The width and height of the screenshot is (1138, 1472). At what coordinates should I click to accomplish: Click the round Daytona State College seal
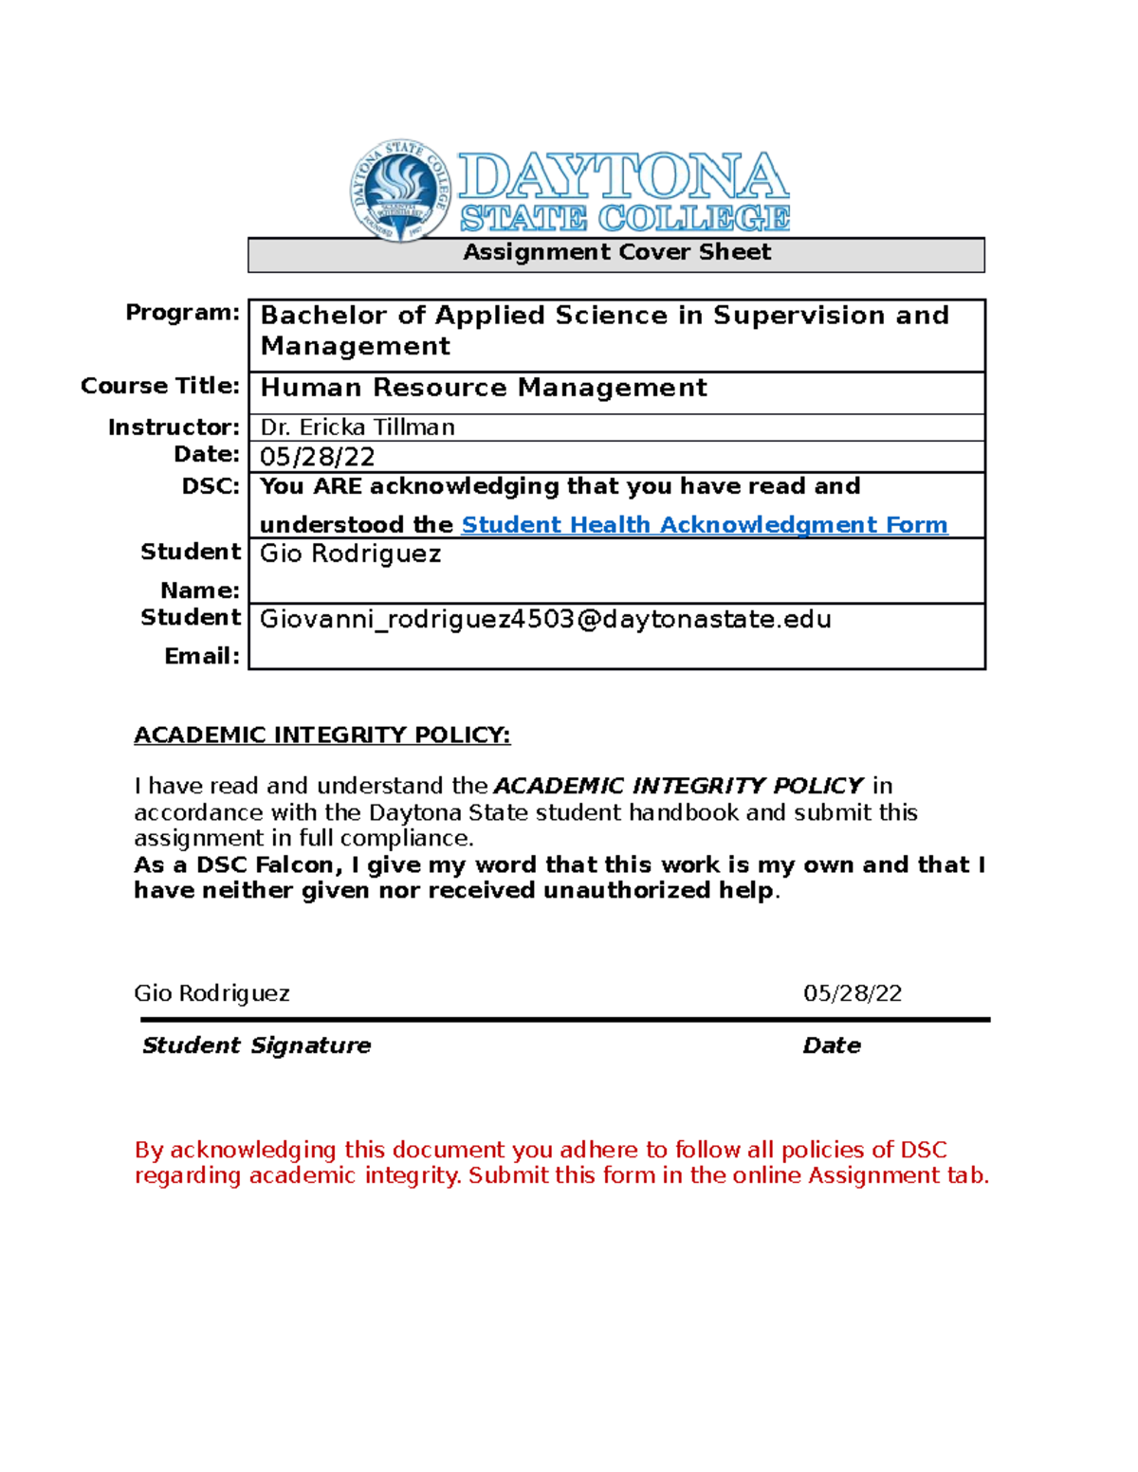(400, 190)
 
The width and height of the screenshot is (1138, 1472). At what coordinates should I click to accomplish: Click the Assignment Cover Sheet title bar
(616, 253)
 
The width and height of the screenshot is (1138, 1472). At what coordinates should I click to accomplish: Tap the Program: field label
(182, 313)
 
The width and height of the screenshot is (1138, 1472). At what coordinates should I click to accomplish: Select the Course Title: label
(159, 386)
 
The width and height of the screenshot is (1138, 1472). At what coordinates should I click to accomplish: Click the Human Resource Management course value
(484, 388)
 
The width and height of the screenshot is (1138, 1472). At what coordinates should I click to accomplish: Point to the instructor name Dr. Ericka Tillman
(358, 427)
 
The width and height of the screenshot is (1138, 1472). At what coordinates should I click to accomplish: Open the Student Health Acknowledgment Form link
(704, 525)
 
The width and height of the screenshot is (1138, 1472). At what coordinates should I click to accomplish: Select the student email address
(545, 619)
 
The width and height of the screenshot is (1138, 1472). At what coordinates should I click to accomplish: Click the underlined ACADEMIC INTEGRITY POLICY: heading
(321, 736)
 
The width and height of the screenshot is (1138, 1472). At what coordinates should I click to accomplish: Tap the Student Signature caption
(256, 1045)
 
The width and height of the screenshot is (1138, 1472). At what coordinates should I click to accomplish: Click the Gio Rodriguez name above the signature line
(211, 993)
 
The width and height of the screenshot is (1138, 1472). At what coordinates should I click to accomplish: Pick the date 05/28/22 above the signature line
(852, 993)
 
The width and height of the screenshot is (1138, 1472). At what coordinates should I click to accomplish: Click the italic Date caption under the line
(832, 1045)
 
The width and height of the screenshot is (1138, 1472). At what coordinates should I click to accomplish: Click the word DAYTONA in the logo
(623, 177)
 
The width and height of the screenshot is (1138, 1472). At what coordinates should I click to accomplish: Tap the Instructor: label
(174, 427)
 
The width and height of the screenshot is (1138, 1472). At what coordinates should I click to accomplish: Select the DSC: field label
(211, 486)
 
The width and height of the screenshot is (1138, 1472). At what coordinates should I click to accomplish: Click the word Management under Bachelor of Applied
(356, 347)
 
